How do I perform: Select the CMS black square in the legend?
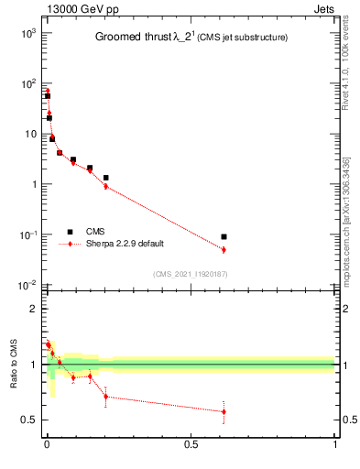(x=70, y=232)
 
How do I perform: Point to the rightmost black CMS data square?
(x=224, y=236)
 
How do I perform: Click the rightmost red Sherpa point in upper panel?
(x=224, y=249)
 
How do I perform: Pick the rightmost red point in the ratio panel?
(x=224, y=411)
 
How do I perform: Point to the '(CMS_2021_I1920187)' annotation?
(x=190, y=273)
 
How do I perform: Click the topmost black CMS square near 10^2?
(x=47, y=95)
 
